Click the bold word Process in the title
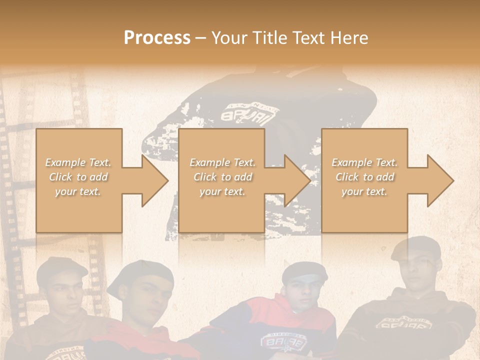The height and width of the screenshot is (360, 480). (157, 38)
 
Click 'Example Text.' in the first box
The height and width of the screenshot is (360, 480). (78, 162)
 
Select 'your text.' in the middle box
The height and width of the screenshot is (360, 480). (222, 191)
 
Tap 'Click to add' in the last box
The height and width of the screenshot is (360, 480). (364, 177)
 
